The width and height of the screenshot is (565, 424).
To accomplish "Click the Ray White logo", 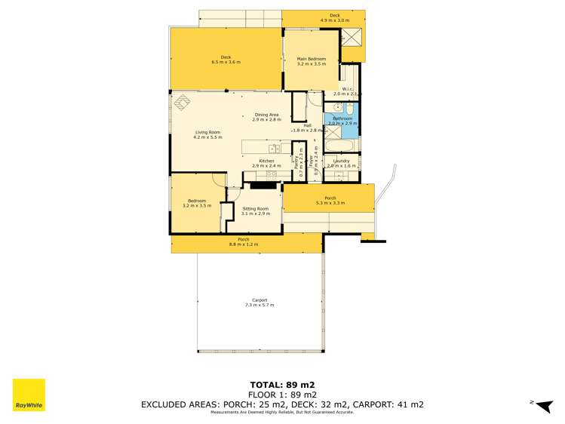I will pyautogui.click(x=29, y=395).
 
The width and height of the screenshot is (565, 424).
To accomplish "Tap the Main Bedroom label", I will pyautogui.click(x=311, y=61).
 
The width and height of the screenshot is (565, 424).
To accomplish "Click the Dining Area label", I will pyautogui.click(x=267, y=117).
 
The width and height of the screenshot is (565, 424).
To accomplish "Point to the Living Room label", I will pyautogui.click(x=207, y=134).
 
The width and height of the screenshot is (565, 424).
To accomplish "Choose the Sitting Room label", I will pyautogui.click(x=255, y=210).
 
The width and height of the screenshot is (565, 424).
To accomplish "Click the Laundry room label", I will pyautogui.click(x=340, y=162).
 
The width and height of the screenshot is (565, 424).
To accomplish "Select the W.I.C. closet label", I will pyautogui.click(x=348, y=91).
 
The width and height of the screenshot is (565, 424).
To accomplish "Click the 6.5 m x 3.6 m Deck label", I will pyautogui.click(x=226, y=60).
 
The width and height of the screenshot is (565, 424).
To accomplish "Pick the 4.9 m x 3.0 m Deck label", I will pyautogui.click(x=335, y=17).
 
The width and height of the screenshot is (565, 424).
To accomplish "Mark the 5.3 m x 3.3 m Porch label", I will pyautogui.click(x=330, y=200).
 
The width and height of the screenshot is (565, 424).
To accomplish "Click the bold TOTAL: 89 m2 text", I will pyautogui.click(x=282, y=384).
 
